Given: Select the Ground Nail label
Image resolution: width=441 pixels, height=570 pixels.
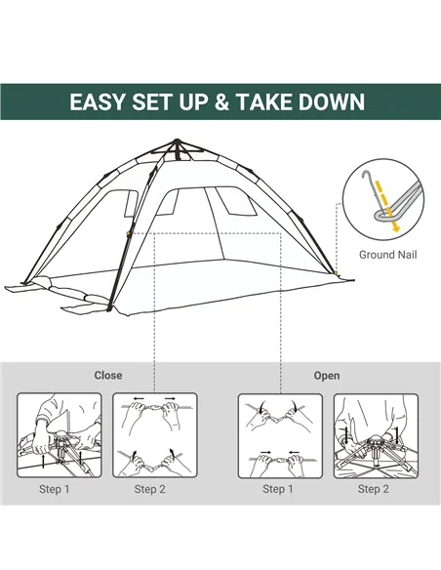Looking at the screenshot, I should (387, 255).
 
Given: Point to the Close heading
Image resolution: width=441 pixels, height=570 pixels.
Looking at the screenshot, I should (108, 375).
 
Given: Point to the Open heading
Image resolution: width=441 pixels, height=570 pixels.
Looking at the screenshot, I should (327, 375).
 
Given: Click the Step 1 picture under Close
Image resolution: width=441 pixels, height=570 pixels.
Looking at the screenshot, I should (59, 435).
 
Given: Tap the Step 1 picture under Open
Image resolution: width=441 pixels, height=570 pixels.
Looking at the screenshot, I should (280, 435).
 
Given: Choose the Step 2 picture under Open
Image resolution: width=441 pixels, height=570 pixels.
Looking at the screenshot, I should (375, 435).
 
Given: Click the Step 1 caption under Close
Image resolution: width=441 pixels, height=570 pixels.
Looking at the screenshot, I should (55, 489).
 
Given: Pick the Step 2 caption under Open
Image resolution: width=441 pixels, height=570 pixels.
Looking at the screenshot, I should (373, 489).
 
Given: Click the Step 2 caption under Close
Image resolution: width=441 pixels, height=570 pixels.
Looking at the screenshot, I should (150, 489).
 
